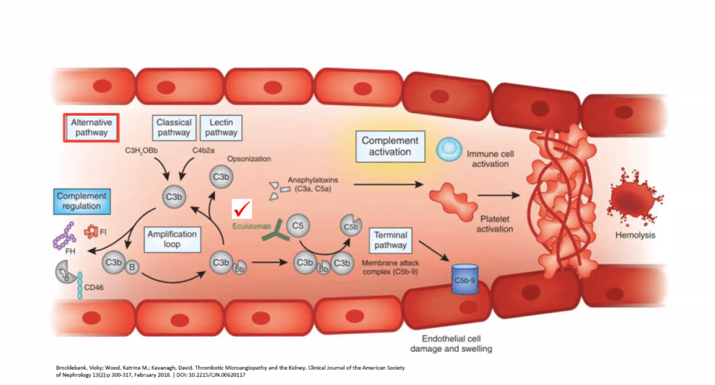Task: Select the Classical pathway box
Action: click(174, 127)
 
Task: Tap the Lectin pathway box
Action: click(221, 127)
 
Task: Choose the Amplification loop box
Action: click(172, 239)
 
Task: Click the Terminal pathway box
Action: click(391, 241)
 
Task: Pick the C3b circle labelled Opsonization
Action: click(220, 177)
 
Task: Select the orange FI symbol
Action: click(91, 231)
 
